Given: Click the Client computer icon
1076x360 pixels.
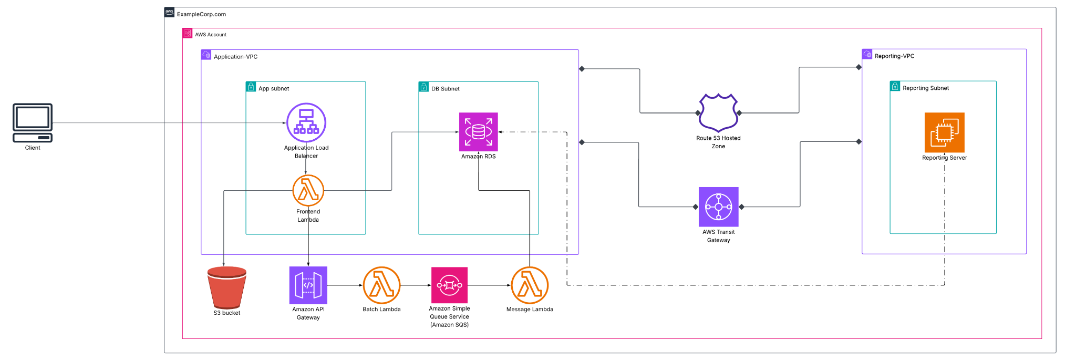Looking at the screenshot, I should tap(33, 122).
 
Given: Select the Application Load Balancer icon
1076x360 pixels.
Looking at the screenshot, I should tap(306, 122).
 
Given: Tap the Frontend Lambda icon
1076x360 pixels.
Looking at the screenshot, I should tap(308, 190).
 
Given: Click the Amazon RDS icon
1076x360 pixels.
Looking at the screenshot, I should tap(478, 132).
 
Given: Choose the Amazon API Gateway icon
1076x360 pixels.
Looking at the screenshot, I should tap(308, 285).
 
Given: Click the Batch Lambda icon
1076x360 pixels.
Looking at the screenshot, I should tap(381, 285).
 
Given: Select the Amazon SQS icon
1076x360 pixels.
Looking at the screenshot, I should tap(449, 285).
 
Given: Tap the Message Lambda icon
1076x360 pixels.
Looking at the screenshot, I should tap(530, 285).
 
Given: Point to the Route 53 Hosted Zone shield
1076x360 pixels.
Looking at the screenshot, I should tap(718, 112).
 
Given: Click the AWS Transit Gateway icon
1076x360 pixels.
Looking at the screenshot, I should tap(718, 207).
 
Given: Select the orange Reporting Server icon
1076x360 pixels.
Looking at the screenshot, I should tap(944, 132).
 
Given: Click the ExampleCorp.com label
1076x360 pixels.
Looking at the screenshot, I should tap(201, 14).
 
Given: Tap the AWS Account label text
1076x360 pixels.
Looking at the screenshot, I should tap(211, 35).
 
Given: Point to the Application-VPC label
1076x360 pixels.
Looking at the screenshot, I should tap(235, 57).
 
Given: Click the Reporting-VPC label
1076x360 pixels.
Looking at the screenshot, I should tap(894, 56).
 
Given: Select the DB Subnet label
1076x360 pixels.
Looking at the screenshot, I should tap(445, 89).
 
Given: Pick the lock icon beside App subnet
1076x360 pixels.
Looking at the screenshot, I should tap(251, 87).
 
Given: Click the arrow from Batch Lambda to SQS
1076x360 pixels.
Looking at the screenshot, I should tap(416, 285).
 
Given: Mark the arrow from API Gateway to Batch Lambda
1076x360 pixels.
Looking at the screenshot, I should tap(345, 285).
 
